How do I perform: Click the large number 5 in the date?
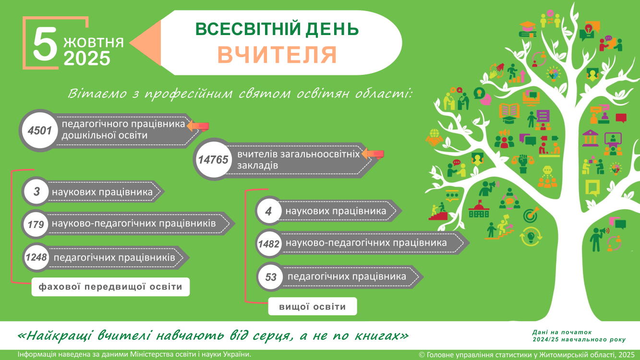(x=45, y=44)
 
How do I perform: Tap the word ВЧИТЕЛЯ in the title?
(x=277, y=55)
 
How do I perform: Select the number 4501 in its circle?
(x=39, y=131)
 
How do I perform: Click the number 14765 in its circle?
(x=213, y=159)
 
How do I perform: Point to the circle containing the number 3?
(x=36, y=192)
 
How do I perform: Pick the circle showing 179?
(x=36, y=224)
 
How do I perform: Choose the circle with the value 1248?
(x=36, y=257)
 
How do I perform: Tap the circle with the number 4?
(x=268, y=211)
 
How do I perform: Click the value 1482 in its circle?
(x=268, y=244)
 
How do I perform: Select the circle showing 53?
(x=271, y=276)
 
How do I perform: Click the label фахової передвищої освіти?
(x=110, y=287)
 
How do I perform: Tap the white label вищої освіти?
(x=313, y=307)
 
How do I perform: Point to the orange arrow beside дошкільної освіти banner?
(x=198, y=126)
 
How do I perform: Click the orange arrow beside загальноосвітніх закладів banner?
(x=373, y=154)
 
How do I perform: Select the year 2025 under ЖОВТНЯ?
(x=87, y=58)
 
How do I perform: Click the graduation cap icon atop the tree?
(x=528, y=29)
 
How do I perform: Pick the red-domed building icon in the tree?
(x=479, y=209)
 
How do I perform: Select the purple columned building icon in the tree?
(x=590, y=138)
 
